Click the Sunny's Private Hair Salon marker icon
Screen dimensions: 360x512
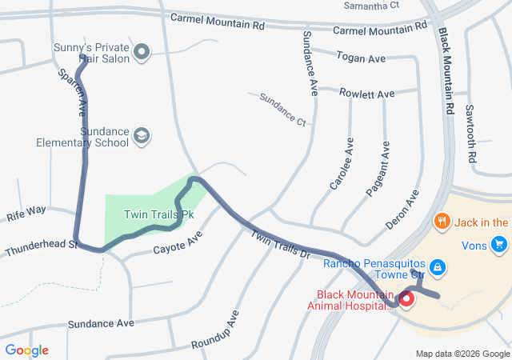coord(142,53)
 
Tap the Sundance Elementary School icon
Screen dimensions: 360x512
coord(142,136)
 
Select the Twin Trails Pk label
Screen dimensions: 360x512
coord(160,214)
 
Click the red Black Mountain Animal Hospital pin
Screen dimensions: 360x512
coord(406,300)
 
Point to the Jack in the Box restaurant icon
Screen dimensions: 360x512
coord(440,222)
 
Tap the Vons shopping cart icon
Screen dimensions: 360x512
coord(500,244)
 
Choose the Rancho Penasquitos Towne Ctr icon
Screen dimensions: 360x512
coord(438,265)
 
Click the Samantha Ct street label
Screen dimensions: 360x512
coord(371,6)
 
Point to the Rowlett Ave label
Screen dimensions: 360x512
coord(367,94)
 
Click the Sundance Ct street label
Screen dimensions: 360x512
coord(282,109)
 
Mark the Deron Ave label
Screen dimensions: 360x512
coord(402,210)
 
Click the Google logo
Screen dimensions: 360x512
coord(26,350)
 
